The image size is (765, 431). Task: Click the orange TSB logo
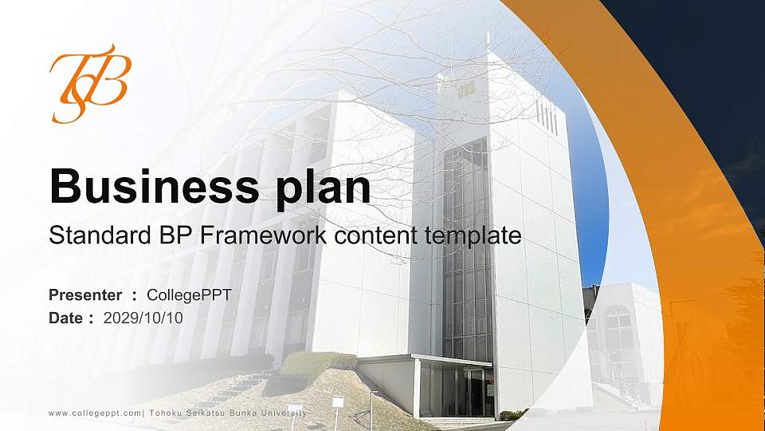(88, 84)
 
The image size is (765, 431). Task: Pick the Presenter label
(85, 295)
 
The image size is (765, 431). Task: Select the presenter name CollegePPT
(189, 295)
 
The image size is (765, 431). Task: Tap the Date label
(66, 318)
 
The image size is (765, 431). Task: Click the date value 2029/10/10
(143, 318)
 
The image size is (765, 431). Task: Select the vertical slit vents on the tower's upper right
(547, 113)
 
